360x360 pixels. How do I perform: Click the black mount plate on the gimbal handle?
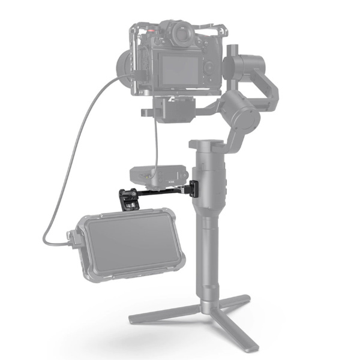197,187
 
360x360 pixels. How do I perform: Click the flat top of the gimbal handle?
206,145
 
